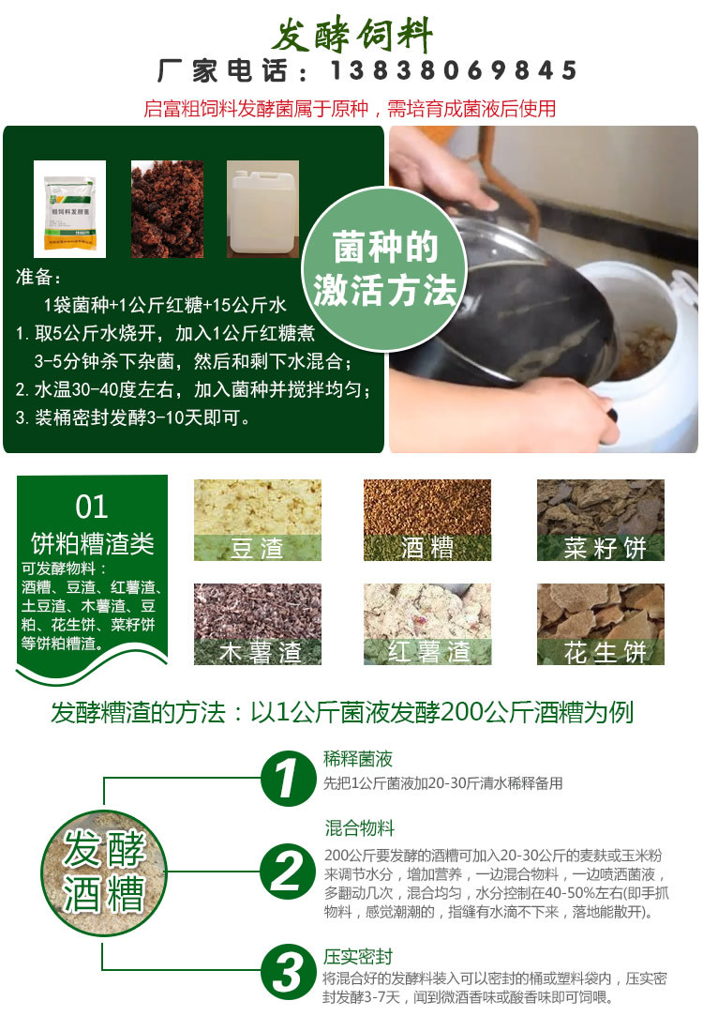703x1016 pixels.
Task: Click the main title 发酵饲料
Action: coord(352,36)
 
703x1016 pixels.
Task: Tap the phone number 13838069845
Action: coord(452,71)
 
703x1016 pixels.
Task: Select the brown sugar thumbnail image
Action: coord(167,208)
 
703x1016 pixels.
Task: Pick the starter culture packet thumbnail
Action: coord(69,208)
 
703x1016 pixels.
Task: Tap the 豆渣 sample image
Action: coord(257,520)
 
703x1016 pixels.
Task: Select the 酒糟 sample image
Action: coord(427,520)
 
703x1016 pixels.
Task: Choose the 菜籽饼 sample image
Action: coord(600,520)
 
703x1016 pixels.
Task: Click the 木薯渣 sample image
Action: coord(257,624)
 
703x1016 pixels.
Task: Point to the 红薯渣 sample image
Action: coord(427,624)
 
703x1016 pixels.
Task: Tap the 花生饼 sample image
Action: coord(600,624)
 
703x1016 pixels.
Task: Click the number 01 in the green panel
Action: coord(92,508)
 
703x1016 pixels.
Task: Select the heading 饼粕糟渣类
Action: coord(92,543)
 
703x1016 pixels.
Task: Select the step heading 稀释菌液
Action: coord(358,759)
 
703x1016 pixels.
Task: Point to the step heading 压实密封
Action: coord(358,957)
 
